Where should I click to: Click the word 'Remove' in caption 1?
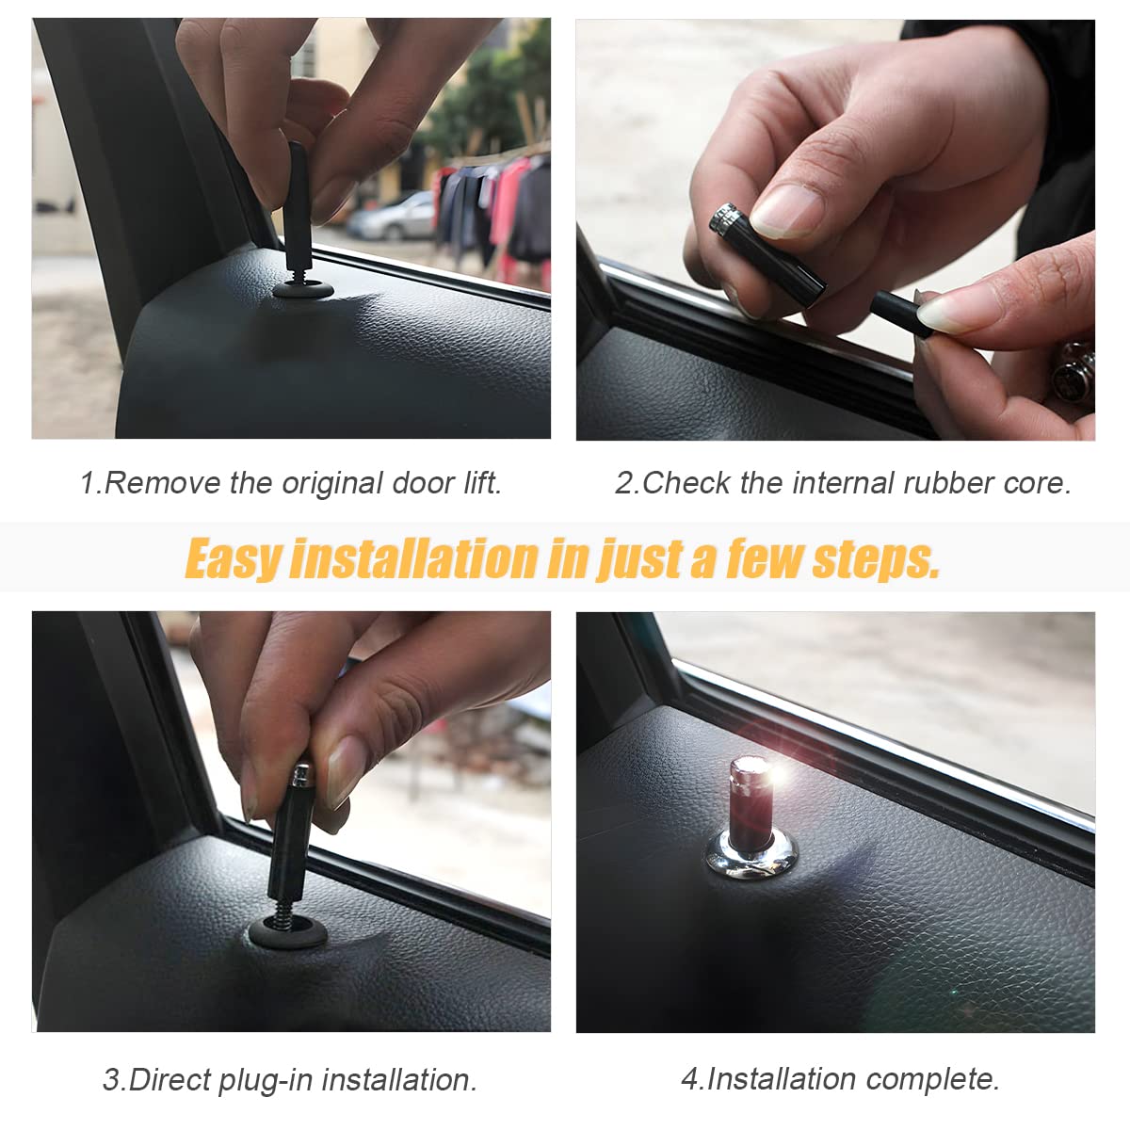click(x=162, y=483)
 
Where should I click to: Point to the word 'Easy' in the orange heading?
click(x=234, y=558)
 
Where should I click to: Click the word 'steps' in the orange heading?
click(x=875, y=558)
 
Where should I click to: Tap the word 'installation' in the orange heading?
click(x=414, y=557)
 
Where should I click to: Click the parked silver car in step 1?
click(x=391, y=216)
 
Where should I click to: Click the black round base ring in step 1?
click(x=303, y=289)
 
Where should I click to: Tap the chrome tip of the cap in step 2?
click(x=722, y=218)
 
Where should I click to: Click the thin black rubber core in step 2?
click(x=900, y=315)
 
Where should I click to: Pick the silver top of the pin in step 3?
click(x=301, y=775)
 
